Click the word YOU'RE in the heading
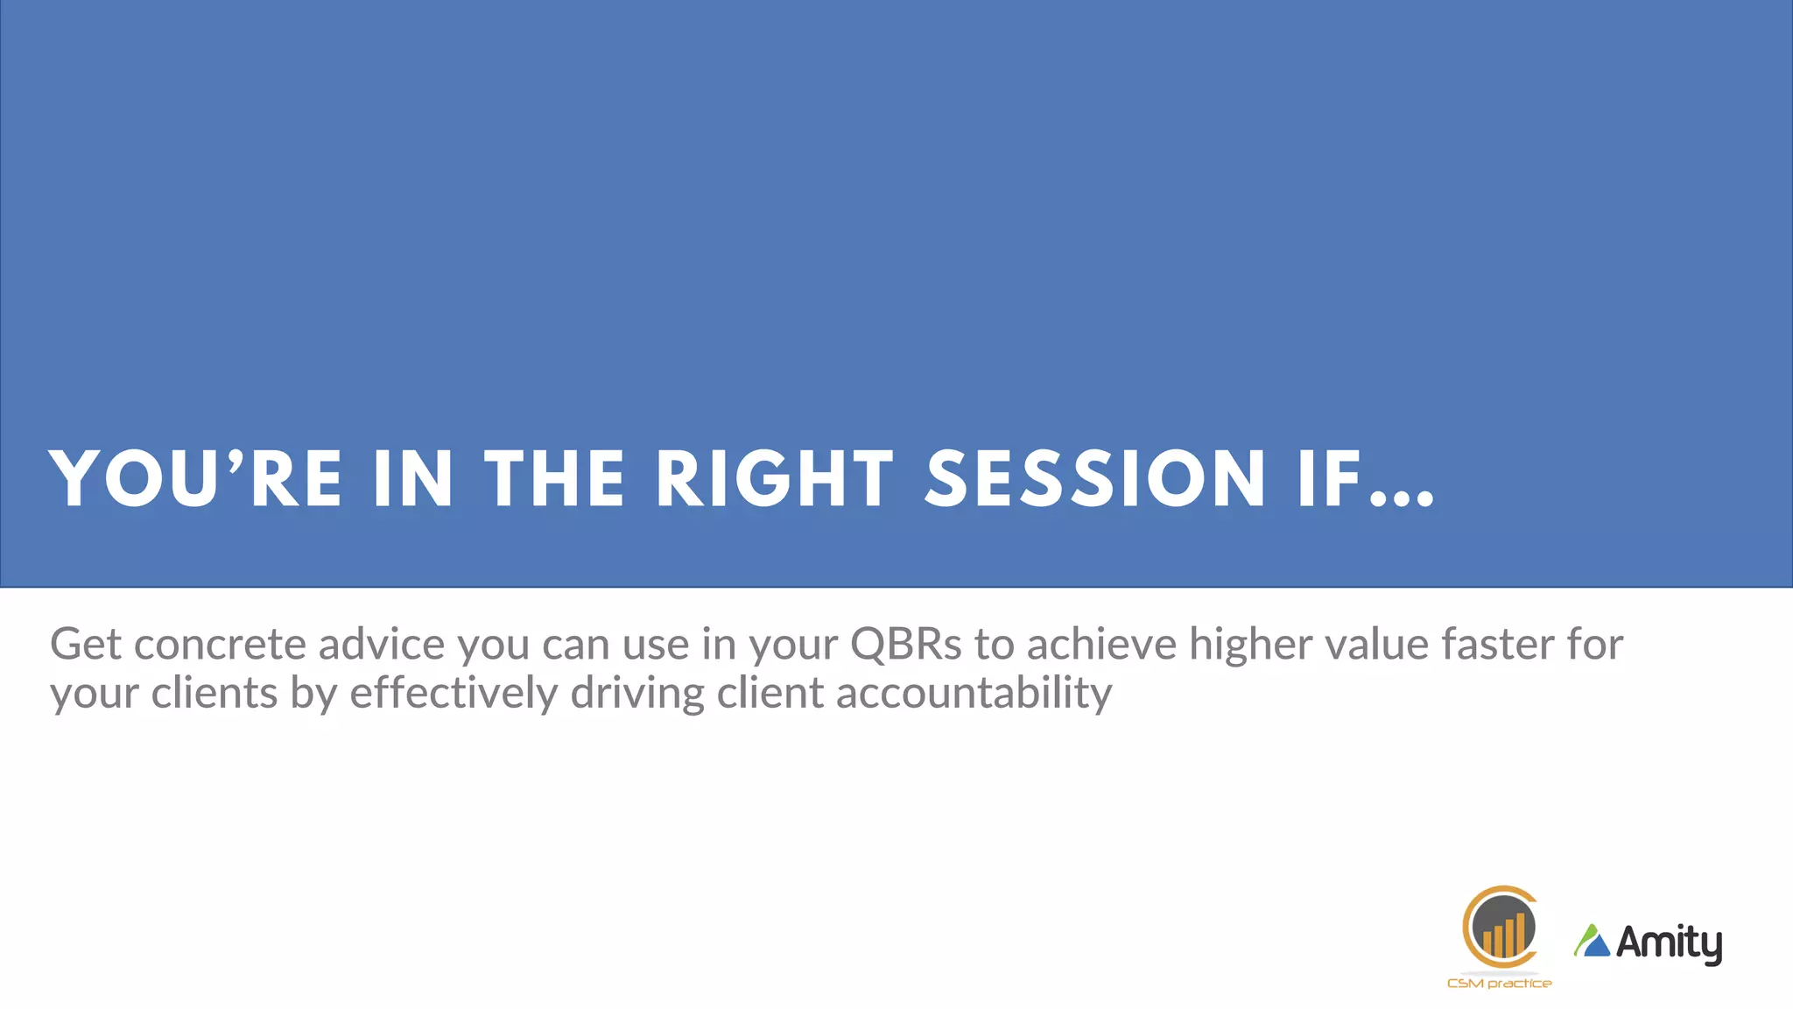[x=195, y=479]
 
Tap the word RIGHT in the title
[x=774, y=479]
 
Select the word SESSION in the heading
[x=1094, y=479]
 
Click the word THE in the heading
[x=554, y=479]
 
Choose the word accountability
[x=974, y=694]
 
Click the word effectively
[x=454, y=694]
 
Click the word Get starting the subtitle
[x=85, y=645]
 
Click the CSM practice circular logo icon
[x=1500, y=927]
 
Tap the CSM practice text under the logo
[x=1499, y=984]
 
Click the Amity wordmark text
[x=1669, y=943]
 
